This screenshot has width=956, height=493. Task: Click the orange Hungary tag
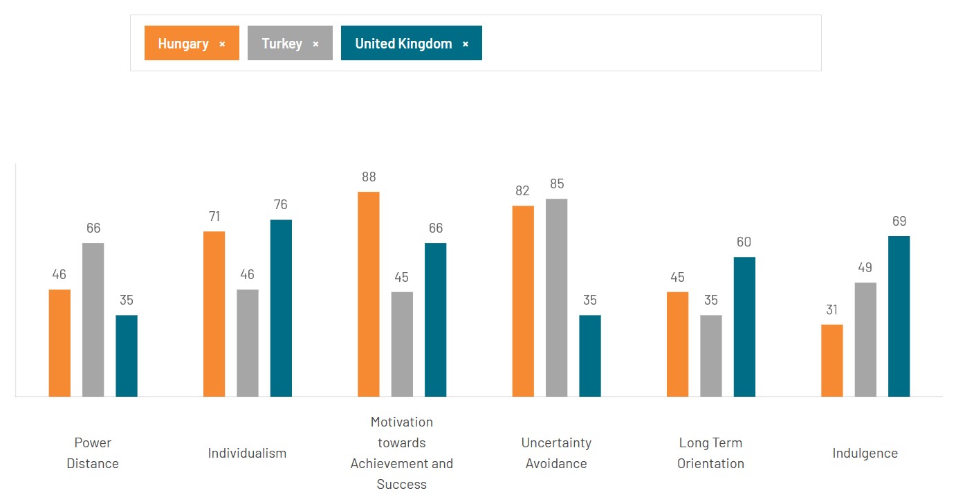(183, 43)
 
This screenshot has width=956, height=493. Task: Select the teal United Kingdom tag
(403, 43)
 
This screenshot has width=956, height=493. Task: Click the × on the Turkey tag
(315, 44)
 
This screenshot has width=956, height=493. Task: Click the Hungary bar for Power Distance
(59, 343)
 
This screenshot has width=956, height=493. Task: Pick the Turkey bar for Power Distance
(93, 319)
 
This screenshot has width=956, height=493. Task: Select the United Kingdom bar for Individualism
(281, 307)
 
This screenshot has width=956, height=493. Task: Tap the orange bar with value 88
(368, 294)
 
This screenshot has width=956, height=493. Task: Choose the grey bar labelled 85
(556, 297)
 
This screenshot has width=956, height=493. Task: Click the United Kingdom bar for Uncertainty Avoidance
(590, 355)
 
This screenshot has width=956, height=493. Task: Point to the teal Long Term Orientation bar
(744, 326)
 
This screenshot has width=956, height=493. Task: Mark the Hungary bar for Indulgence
(831, 360)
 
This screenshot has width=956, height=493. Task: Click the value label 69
(899, 222)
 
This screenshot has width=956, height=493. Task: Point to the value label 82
(522, 191)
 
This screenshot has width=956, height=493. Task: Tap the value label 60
(744, 242)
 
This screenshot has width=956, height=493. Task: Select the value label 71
(214, 217)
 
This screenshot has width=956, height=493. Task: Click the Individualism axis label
(247, 454)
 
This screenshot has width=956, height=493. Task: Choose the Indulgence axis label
(865, 454)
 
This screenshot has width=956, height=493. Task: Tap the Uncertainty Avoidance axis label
(556, 453)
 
